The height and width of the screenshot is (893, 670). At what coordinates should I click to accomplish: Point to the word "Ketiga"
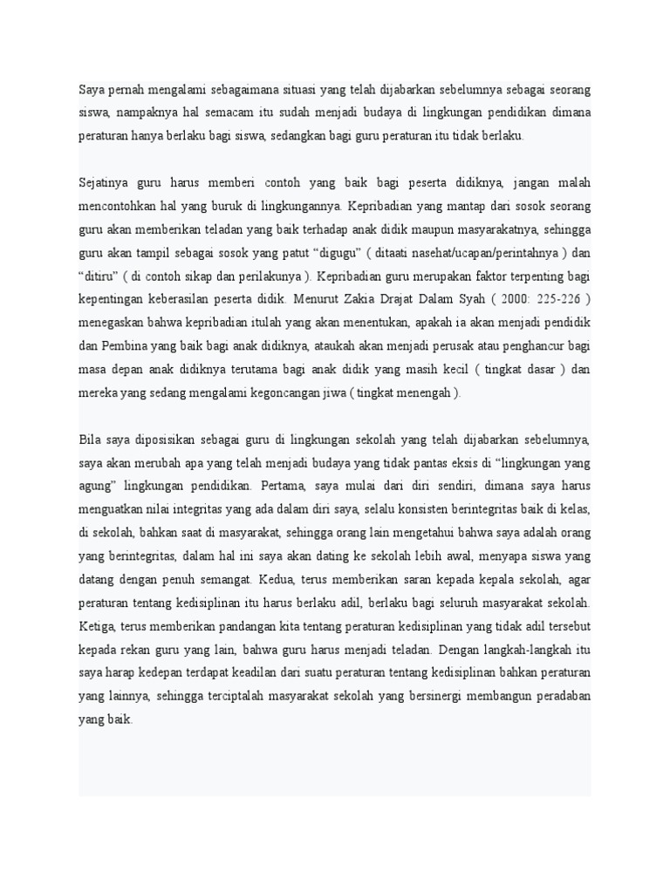coord(98,624)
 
